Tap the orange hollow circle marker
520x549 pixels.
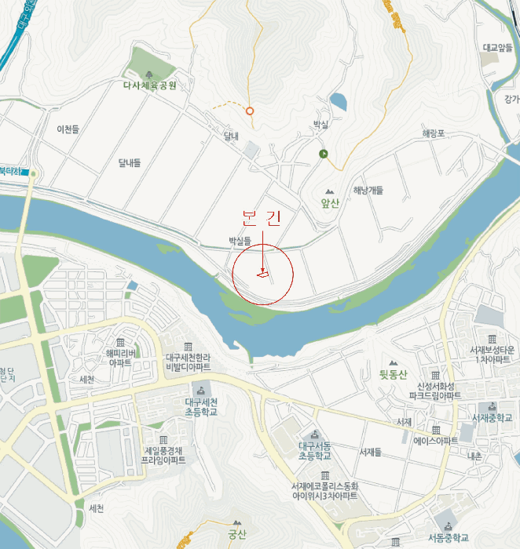[x=250, y=111]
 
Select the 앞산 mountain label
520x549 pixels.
[x=329, y=202]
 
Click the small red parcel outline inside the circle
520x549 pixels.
[x=262, y=274]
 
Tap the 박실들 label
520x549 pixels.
[x=239, y=240]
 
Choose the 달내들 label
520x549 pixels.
[x=130, y=162]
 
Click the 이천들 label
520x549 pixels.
[x=68, y=129]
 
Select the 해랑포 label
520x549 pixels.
[x=434, y=133]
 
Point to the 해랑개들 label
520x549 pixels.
[x=368, y=190]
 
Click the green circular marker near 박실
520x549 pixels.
[x=323, y=154]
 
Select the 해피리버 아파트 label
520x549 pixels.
[x=119, y=358]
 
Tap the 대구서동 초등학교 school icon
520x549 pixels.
[x=315, y=435]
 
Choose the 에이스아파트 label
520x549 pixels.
[x=435, y=441]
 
